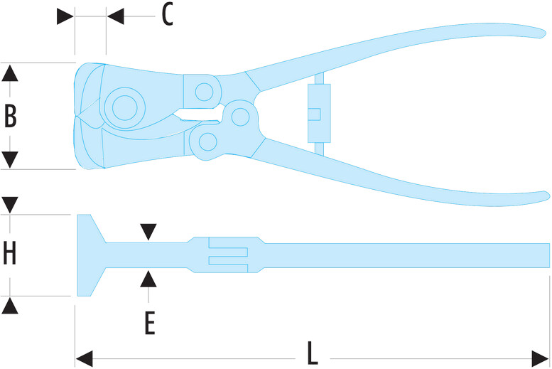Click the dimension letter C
pyautogui.click(x=167, y=14)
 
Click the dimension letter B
pyautogui.click(x=10, y=116)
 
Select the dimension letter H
pyautogui.click(x=10, y=254)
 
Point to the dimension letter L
pyautogui.click(x=312, y=353)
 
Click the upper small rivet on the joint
pyautogui.click(x=205, y=91)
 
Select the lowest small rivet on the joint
pyautogui.click(x=207, y=141)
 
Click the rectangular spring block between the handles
pyautogui.click(x=318, y=113)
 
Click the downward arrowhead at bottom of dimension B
pyautogui.click(x=10, y=161)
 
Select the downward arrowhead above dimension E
pyautogui.click(x=148, y=232)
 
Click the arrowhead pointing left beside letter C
pyautogui.click(x=115, y=15)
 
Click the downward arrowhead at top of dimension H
pyautogui.click(x=10, y=205)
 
